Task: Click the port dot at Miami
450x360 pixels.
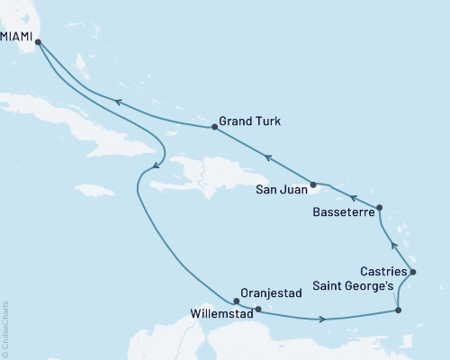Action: pyautogui.click(x=38, y=40)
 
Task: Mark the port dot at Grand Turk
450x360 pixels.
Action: pyautogui.click(x=214, y=127)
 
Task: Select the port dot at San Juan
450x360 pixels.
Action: pyautogui.click(x=312, y=185)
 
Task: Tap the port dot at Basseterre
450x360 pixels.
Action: pyautogui.click(x=379, y=208)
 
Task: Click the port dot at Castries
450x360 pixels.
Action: pyautogui.click(x=412, y=272)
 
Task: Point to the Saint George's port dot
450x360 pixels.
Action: pyautogui.click(x=398, y=311)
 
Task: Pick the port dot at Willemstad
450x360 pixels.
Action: pyautogui.click(x=257, y=310)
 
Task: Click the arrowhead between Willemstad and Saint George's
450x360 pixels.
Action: pyautogui.click(x=322, y=319)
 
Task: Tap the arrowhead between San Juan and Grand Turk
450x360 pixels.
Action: pyautogui.click(x=267, y=157)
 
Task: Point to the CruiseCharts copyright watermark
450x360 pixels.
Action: pyautogui.click(x=5, y=328)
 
